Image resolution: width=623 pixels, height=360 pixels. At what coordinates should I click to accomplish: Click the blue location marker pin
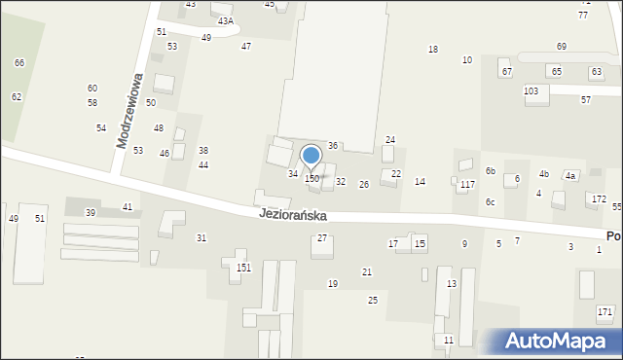(311, 156)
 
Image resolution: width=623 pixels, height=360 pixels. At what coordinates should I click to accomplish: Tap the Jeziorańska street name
(292, 214)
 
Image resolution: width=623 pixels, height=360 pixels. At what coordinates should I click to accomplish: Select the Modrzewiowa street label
(129, 110)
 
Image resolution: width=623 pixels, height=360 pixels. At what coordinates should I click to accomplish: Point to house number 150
(311, 178)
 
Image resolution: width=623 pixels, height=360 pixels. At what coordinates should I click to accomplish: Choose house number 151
(243, 268)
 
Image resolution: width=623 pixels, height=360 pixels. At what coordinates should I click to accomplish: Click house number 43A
(225, 20)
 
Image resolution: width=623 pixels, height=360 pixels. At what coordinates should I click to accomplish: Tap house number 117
(467, 184)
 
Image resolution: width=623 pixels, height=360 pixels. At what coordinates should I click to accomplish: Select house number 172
(598, 198)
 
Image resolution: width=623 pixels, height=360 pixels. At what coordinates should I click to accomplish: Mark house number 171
(605, 311)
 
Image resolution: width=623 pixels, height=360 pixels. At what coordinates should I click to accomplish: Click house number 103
(531, 90)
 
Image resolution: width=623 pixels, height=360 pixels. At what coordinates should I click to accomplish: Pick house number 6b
(492, 170)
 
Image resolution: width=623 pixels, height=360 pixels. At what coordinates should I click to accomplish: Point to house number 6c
(491, 201)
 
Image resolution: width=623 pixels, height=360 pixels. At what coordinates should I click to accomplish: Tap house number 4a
(571, 175)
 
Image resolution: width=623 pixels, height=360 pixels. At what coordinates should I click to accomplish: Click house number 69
(562, 47)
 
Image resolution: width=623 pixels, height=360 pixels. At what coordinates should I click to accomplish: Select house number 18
(433, 50)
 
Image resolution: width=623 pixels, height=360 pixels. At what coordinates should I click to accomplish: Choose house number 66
(19, 62)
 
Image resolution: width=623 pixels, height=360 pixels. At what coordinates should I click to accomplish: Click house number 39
(91, 212)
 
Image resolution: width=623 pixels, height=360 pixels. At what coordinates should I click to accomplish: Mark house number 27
(322, 238)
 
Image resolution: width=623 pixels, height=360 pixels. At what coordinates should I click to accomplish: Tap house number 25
(373, 300)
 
